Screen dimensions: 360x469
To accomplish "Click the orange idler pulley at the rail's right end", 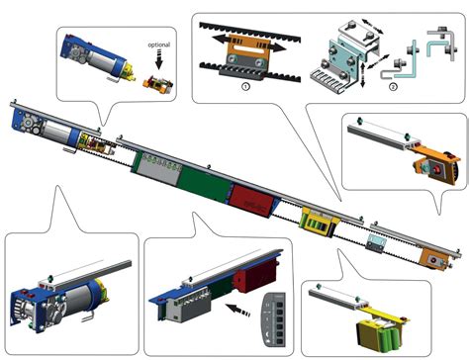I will coord(435,259).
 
